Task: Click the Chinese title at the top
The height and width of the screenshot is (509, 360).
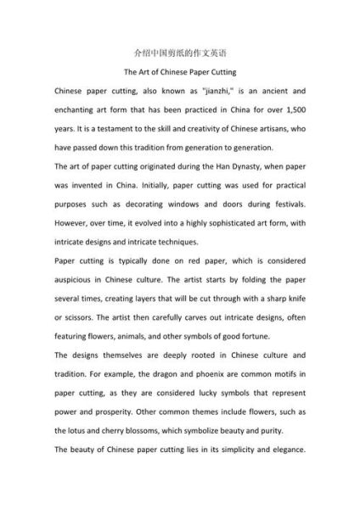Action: coord(180,52)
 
